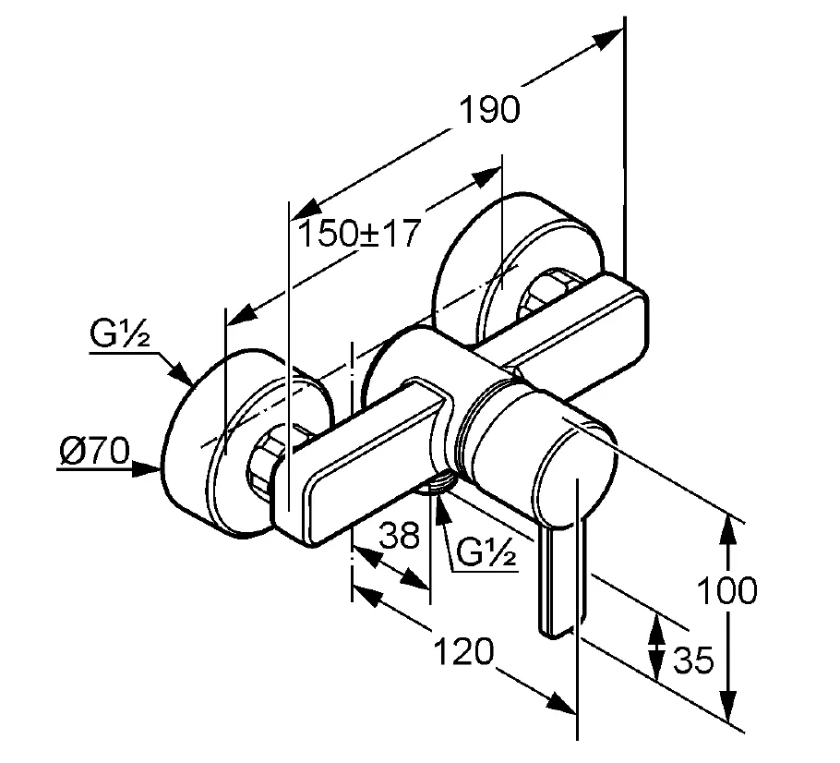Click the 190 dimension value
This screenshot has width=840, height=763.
tap(489, 110)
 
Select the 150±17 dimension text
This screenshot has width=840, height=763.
tap(358, 234)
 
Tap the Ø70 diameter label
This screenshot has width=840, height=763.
tap(95, 450)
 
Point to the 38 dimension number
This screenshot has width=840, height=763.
tap(399, 534)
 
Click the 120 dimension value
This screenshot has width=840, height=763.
tap(462, 651)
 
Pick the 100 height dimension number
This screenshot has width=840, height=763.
tap(727, 590)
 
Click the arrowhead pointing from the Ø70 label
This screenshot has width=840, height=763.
tap(147, 469)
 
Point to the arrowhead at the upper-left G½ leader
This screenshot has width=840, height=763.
tap(181, 373)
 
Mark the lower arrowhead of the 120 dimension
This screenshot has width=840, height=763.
tap(562, 703)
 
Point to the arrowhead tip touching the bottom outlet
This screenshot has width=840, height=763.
tap(438, 494)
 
